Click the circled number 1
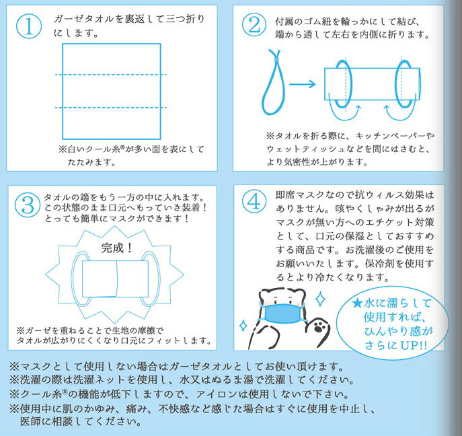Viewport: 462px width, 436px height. coord(28,26)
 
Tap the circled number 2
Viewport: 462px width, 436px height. coord(254,26)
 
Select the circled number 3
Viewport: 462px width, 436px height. coord(28,205)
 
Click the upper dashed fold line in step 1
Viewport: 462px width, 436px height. coord(111,75)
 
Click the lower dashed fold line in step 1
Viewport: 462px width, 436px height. coord(111,108)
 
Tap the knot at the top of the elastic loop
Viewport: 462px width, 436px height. coord(276,59)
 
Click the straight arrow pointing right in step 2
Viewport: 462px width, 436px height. coord(303,84)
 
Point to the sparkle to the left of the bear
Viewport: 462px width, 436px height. coord(243,326)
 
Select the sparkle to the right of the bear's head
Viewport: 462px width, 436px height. coord(320,299)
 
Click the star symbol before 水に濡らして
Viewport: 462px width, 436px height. coord(357,303)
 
